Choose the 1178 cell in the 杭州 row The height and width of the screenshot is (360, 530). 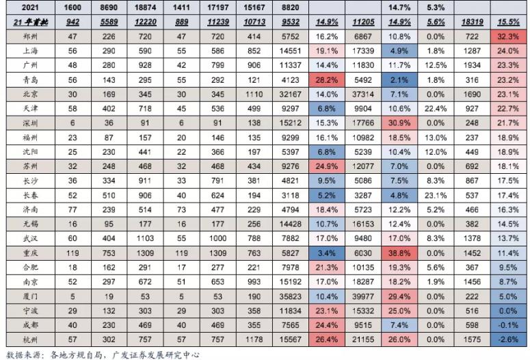click(x=250, y=339)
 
